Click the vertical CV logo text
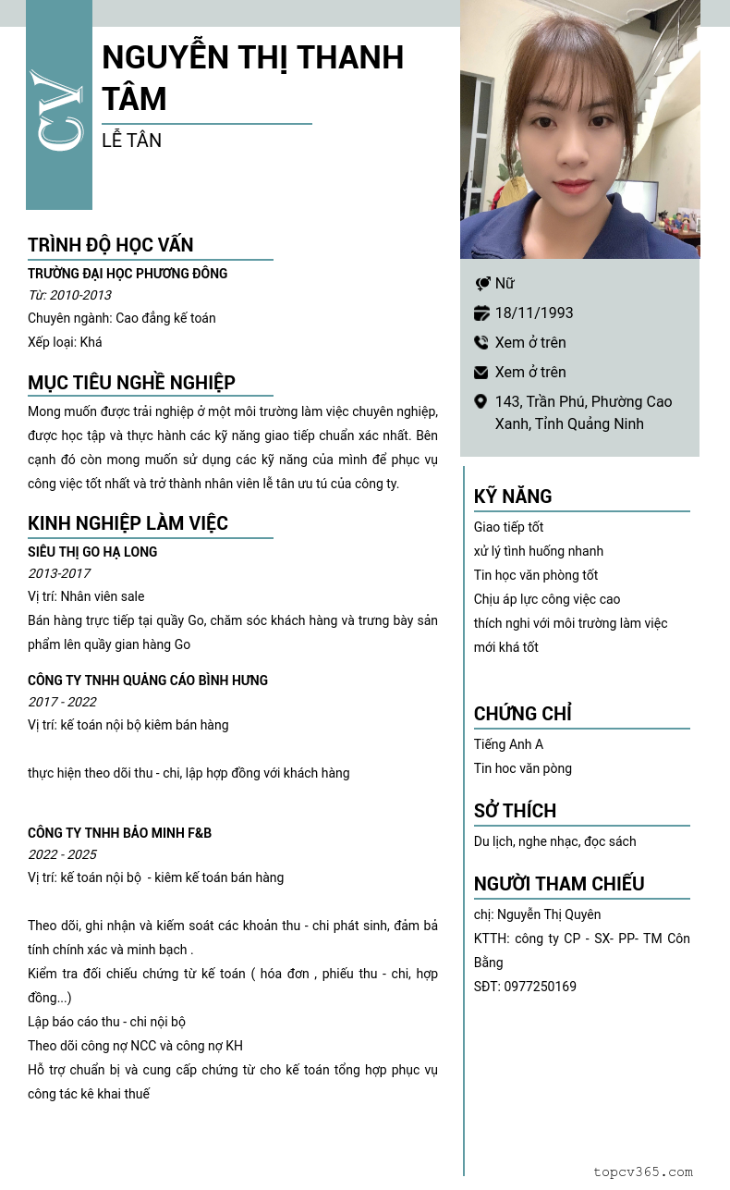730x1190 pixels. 58,109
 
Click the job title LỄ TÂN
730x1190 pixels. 131,141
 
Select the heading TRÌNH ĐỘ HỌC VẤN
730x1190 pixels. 110,245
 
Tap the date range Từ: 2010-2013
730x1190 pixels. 69,295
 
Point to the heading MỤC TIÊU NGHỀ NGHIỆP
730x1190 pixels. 131,383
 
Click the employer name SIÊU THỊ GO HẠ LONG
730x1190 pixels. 92,552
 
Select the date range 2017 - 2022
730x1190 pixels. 62,702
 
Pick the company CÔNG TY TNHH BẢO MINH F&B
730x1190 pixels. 119,833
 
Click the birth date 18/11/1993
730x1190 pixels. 534,313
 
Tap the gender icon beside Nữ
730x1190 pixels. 481,284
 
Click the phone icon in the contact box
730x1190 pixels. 481,342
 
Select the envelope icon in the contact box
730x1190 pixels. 481,372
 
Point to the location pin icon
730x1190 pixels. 481,401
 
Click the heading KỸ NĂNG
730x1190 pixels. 513,497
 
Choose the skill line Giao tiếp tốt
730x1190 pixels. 508,527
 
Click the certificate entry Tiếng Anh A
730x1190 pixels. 508,744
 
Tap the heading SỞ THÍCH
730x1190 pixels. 515,811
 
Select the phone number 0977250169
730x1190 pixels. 540,987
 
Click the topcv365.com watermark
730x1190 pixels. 642,1172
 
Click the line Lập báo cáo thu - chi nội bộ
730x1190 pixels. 106,1022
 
